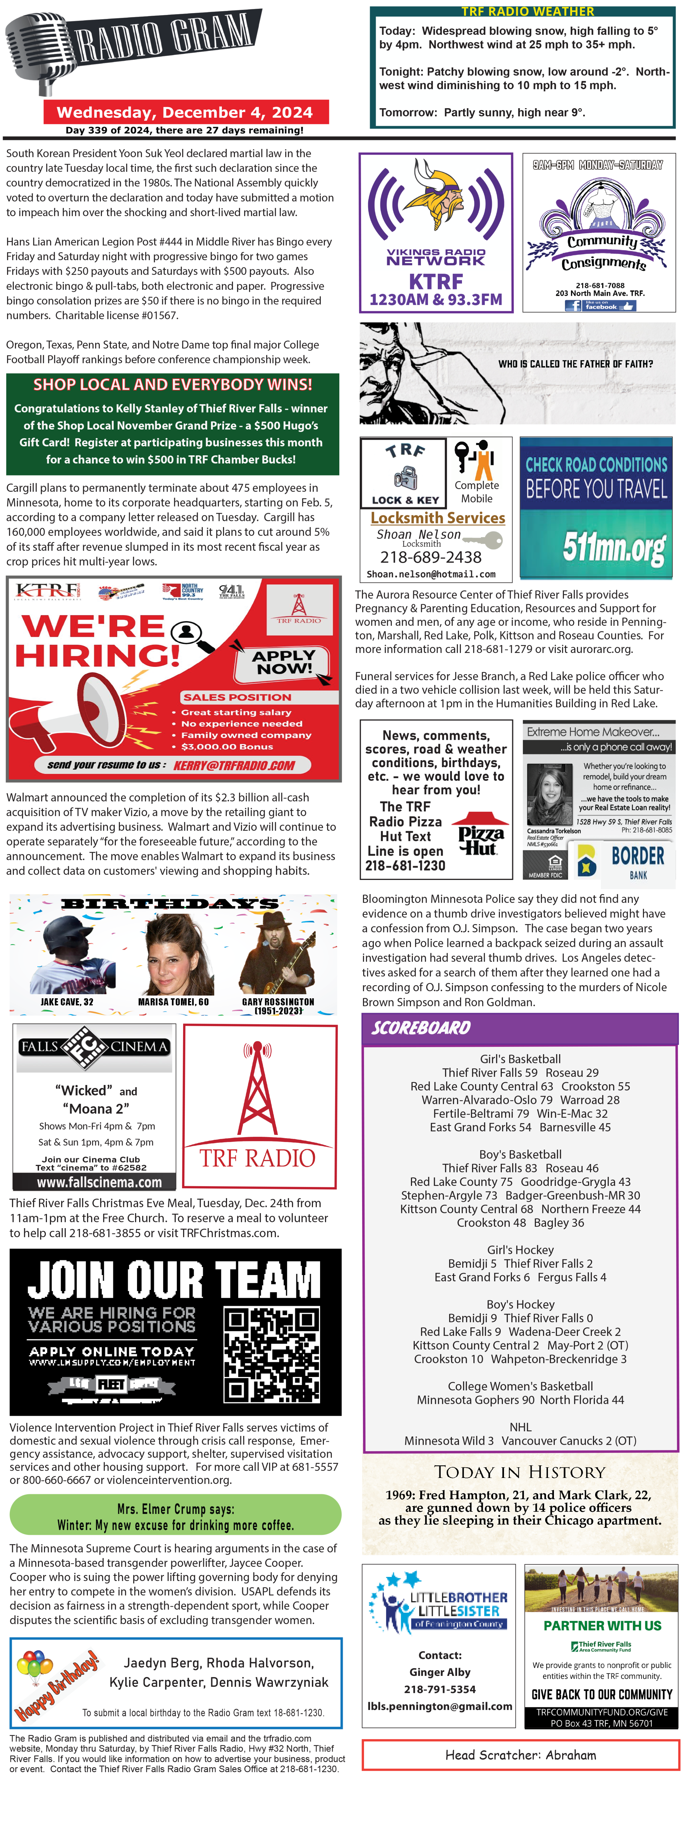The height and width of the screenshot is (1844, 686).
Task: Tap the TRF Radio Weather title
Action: (x=527, y=11)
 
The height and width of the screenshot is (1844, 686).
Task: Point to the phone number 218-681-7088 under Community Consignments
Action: (x=600, y=285)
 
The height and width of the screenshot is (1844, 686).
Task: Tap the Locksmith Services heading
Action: (x=438, y=518)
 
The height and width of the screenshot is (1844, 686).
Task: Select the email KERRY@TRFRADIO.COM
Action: (x=234, y=765)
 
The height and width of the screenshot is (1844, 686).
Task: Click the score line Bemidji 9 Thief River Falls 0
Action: (x=520, y=1318)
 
